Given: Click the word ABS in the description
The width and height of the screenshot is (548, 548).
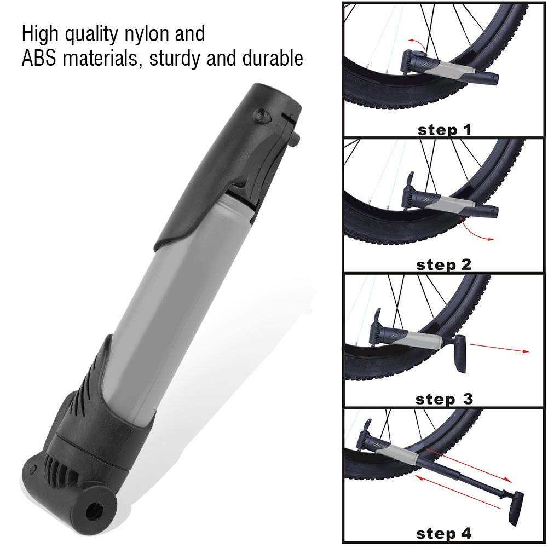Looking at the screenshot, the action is (39, 58).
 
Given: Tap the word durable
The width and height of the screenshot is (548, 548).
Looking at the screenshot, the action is (273, 57).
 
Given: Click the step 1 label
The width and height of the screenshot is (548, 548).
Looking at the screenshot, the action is (445, 130).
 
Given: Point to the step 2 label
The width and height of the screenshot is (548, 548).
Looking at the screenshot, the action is (444, 265).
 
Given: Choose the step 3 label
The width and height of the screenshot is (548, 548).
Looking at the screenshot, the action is (444, 399).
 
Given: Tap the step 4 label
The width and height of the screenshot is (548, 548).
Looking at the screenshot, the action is (444, 534).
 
